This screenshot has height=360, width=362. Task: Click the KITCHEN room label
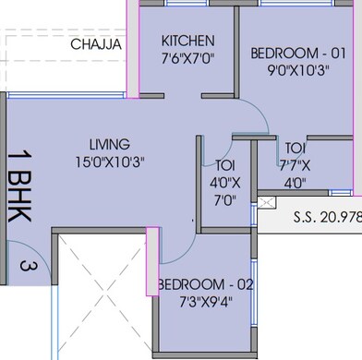click(187, 41)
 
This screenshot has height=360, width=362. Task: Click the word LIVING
click(109, 144)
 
